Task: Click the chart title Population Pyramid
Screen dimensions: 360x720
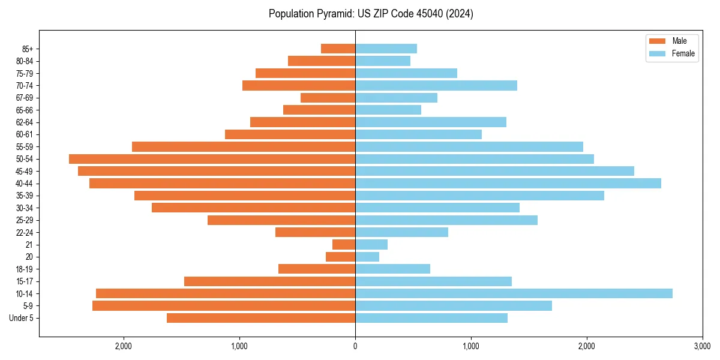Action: click(371, 14)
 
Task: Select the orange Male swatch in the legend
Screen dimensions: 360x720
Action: click(658, 41)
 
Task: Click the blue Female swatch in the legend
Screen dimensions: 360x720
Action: click(658, 53)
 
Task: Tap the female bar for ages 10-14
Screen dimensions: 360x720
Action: click(514, 293)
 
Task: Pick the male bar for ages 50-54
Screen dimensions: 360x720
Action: click(212, 159)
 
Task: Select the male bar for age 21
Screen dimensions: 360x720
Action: click(344, 245)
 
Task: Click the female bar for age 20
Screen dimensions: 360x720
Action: click(367, 257)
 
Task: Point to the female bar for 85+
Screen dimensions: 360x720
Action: click(386, 49)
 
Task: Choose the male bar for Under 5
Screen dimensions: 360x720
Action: click(261, 318)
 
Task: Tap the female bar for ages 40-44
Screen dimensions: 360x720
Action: click(508, 184)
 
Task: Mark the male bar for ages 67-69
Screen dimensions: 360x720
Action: click(328, 98)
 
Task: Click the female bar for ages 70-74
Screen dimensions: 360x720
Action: click(436, 86)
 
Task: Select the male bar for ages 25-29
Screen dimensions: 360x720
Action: click(281, 220)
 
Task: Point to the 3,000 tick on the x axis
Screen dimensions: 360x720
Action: click(702, 346)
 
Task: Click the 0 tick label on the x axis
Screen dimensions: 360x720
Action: click(355, 346)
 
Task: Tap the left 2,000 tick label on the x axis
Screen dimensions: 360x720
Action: click(124, 346)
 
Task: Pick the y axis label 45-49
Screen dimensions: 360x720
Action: click(24, 171)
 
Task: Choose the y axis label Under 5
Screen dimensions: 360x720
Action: click(22, 318)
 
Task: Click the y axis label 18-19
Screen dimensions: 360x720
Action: click(24, 269)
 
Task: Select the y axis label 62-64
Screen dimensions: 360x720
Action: click(24, 122)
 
